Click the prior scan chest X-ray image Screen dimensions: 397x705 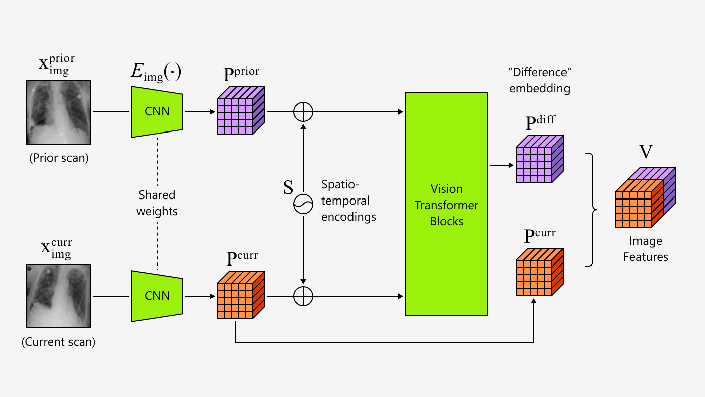pos(58,112)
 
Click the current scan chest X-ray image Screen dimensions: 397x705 pos(58,296)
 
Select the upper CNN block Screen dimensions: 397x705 pos(157,112)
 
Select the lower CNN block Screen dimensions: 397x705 pos(157,296)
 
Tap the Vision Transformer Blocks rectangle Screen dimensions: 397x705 pos(446,204)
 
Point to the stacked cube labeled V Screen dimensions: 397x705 pos(645,197)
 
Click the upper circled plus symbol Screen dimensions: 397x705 pos(303,112)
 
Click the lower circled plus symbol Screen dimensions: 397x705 pos(303,296)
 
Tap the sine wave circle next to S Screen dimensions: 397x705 pos(303,204)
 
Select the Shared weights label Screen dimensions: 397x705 pos(157,203)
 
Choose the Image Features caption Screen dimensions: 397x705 pos(645,249)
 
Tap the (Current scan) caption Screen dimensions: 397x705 pos(58,342)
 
